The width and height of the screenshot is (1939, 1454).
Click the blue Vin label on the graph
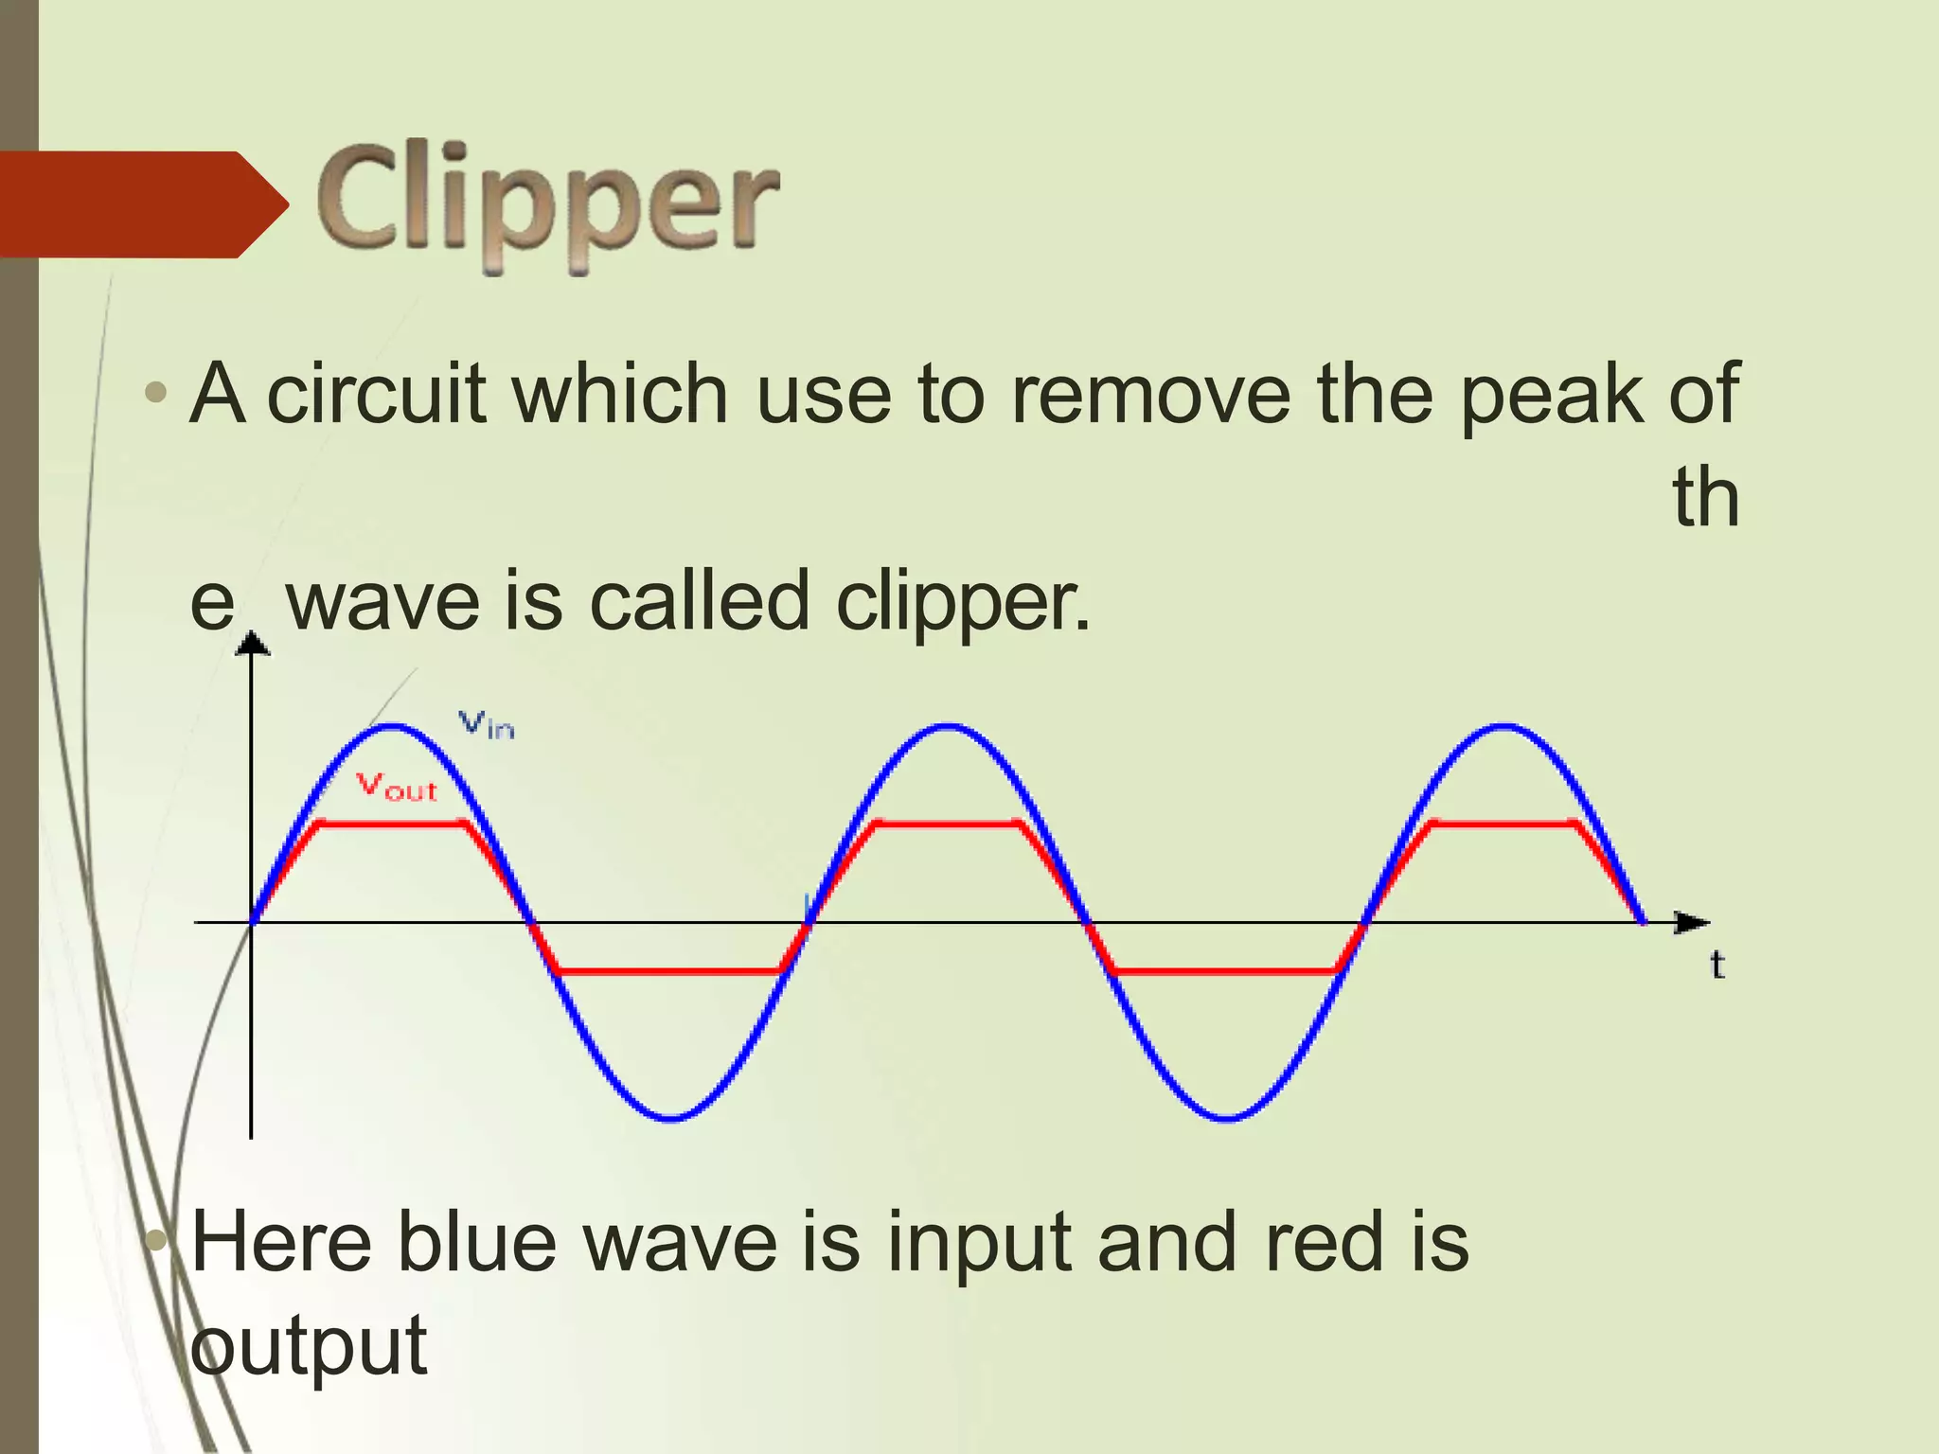[x=487, y=725]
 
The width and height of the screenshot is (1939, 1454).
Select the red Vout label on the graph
[x=397, y=787]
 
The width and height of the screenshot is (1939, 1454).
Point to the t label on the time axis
[x=1717, y=965]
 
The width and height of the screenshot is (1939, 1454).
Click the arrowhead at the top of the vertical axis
[x=251, y=644]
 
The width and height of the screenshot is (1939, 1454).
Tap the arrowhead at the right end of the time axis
[x=1692, y=922]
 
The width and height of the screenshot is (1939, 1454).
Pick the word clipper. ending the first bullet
[x=963, y=601]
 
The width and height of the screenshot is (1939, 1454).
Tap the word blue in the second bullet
[x=476, y=1242]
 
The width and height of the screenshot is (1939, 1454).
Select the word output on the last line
[x=309, y=1346]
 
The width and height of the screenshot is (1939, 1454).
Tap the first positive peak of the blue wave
[x=393, y=727]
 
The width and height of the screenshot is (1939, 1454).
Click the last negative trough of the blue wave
[x=1227, y=1118]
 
